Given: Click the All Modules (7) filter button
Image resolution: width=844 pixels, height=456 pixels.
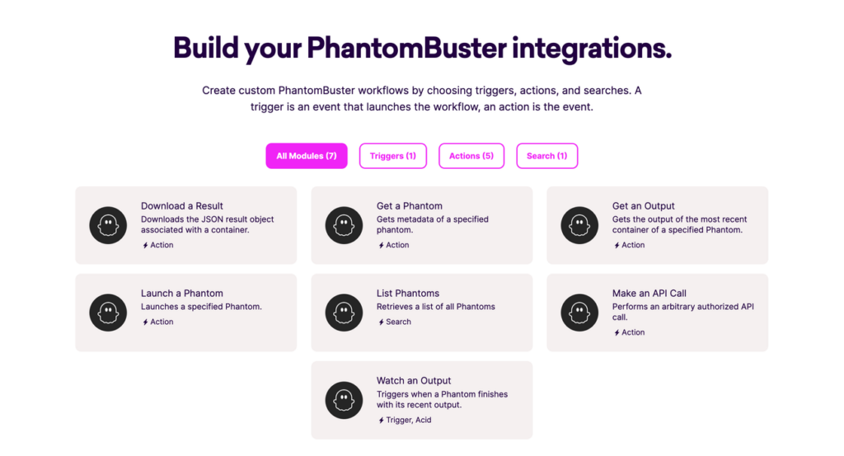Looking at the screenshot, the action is (307, 156).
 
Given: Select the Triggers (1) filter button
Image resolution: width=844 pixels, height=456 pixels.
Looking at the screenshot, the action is (393, 156).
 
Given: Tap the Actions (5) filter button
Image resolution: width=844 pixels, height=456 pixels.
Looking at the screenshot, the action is (471, 156).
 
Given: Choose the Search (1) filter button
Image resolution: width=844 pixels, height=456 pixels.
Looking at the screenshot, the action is (547, 156).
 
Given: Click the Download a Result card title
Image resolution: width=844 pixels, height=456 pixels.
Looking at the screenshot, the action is (182, 205).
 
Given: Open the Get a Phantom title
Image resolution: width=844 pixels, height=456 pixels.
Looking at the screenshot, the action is (409, 205).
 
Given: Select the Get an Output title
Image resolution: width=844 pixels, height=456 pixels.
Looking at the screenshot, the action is (643, 205).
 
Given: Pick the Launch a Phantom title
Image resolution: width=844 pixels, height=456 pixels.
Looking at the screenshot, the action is (182, 294).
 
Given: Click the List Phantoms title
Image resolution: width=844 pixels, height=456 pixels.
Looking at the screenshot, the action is (408, 294).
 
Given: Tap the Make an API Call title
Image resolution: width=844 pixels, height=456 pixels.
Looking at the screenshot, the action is (649, 294).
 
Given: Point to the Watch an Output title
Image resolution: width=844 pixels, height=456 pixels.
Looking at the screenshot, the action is (414, 381).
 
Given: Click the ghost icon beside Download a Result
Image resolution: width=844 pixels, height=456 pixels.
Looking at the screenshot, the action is (108, 225).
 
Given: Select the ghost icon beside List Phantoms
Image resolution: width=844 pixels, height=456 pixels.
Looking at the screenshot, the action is (344, 313).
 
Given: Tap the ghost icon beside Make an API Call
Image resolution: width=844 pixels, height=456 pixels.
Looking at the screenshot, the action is (579, 313).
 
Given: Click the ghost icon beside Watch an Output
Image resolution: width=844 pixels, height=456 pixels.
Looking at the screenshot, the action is (344, 400).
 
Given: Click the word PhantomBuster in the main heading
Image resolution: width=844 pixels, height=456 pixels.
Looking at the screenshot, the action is (406, 48).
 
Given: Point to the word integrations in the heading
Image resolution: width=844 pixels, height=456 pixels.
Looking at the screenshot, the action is (592, 49).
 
